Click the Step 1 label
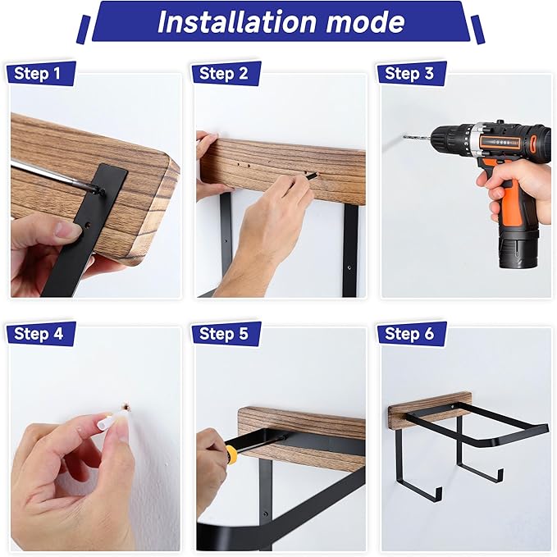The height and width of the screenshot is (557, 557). [x=37, y=74]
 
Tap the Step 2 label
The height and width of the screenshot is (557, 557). [x=223, y=74]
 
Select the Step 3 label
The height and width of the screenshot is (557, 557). [x=409, y=74]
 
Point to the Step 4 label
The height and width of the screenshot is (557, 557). [x=39, y=334]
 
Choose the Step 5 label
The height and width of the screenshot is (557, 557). [x=224, y=334]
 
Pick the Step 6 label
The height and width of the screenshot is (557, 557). [x=409, y=334]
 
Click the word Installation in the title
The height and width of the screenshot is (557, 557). [x=237, y=22]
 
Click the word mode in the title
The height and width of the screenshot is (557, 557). [x=365, y=22]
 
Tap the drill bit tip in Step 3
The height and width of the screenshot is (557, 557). [x=404, y=136]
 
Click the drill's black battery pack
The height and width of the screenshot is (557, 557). [x=518, y=249]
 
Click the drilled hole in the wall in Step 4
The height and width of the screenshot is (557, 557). [x=126, y=407]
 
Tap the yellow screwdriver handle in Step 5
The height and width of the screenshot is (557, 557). [x=231, y=452]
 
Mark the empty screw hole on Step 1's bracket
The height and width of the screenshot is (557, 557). [x=87, y=224]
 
